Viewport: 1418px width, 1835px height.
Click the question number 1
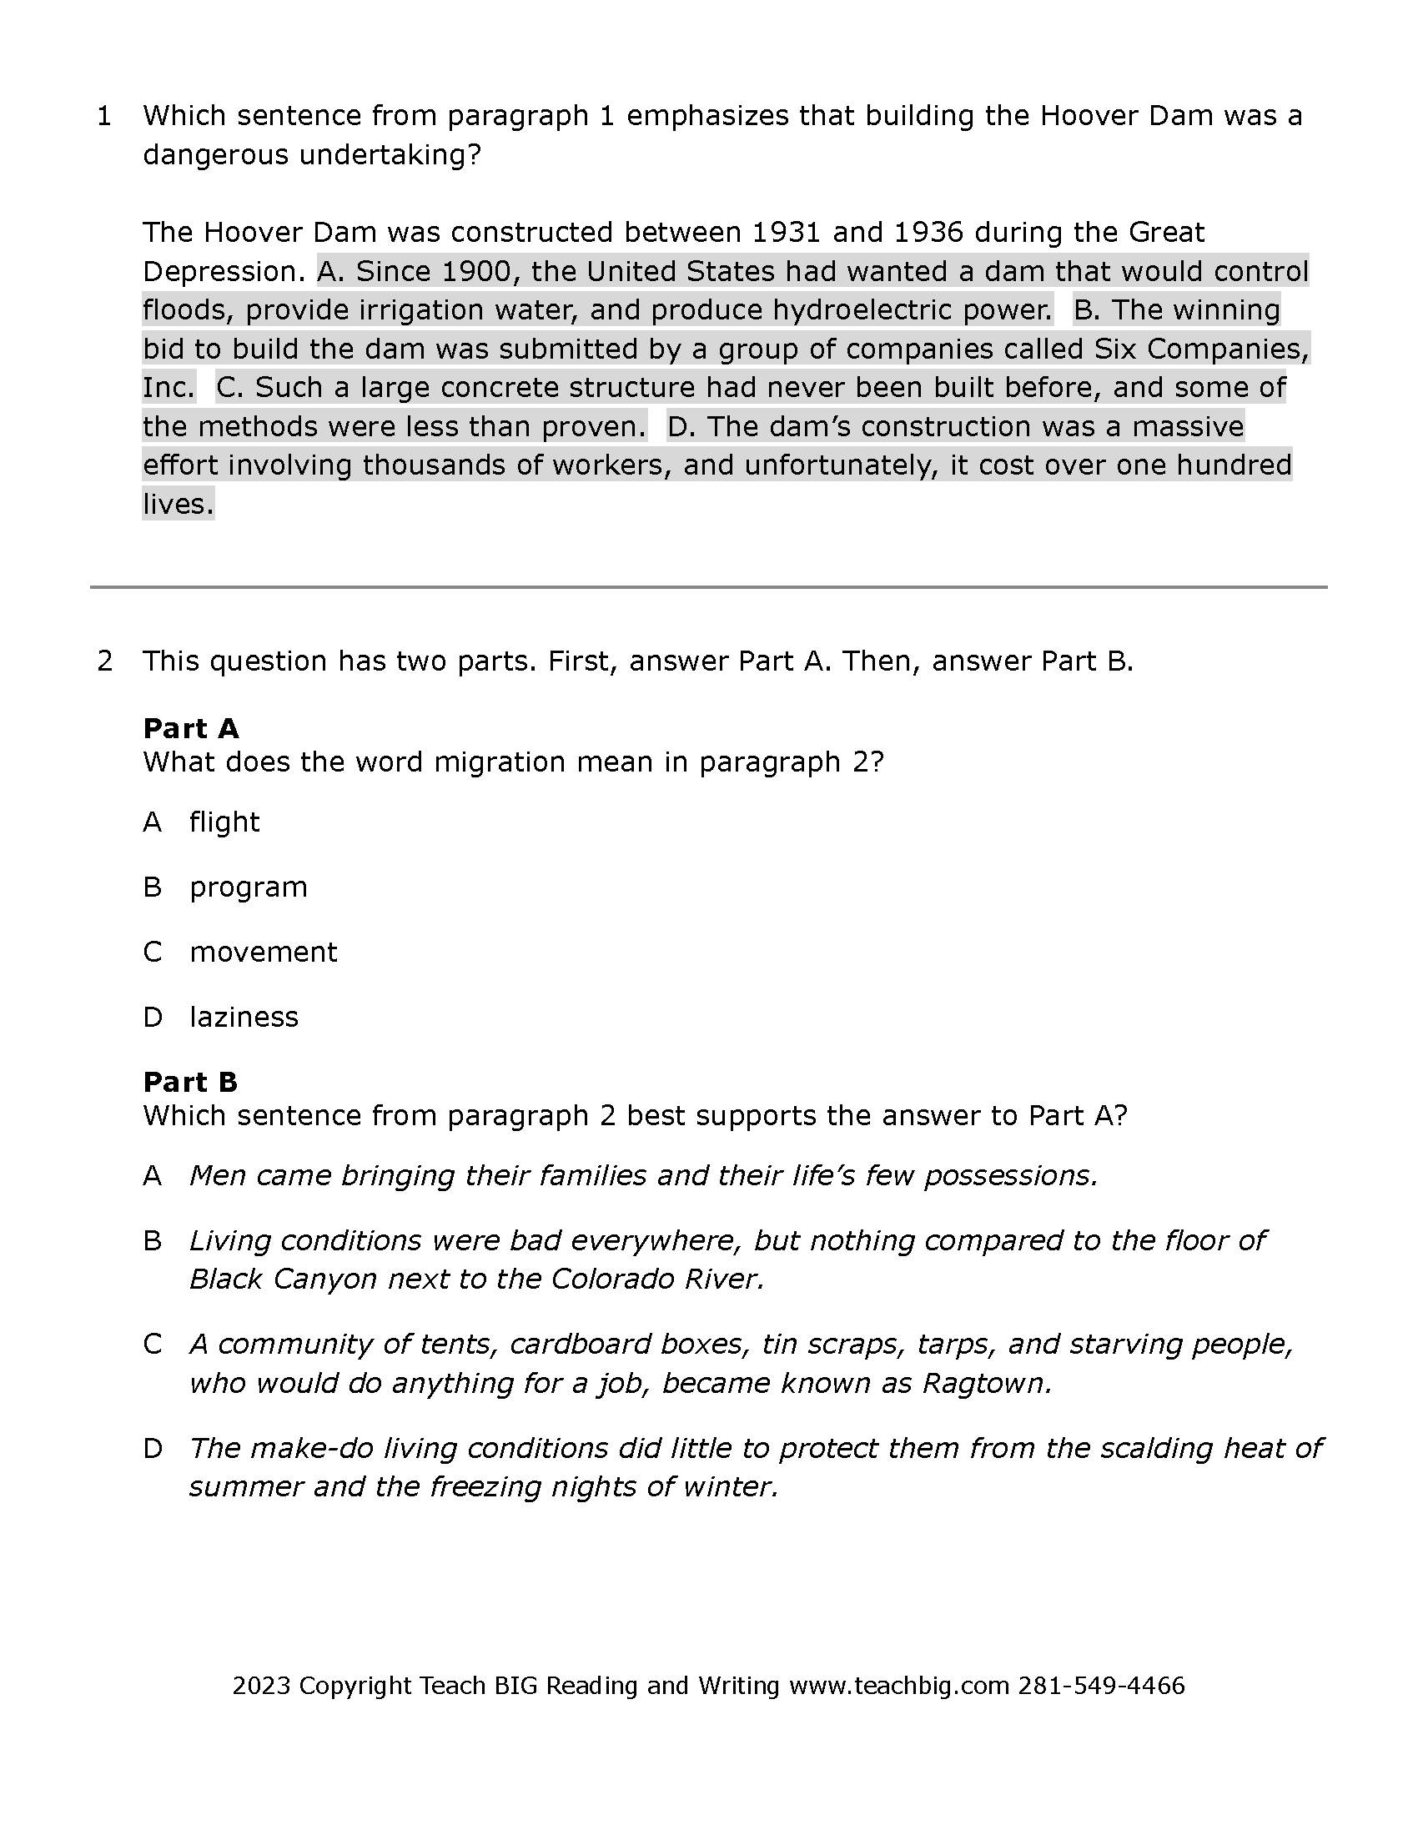point(104,116)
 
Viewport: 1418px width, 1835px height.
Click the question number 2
point(104,661)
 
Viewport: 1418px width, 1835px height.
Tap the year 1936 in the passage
point(928,232)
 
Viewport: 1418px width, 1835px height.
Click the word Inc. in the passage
point(168,387)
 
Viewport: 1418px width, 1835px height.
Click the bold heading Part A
point(191,727)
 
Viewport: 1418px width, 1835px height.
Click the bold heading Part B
point(191,1081)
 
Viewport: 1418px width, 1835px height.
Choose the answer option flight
point(224,822)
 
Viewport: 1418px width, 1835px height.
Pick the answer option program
point(249,887)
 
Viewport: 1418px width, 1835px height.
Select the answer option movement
point(263,952)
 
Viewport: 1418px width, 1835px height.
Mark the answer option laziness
point(244,1018)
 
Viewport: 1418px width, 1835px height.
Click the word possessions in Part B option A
point(1010,1175)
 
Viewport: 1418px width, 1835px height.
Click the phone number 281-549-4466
point(1101,1687)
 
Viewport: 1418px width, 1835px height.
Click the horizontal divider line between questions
point(708,587)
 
